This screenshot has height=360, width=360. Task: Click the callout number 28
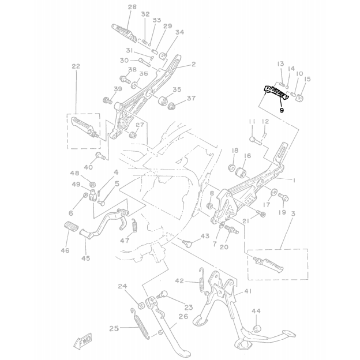(x=132, y=7)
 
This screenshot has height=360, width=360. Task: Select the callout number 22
(x=76, y=66)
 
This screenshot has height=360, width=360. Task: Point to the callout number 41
(x=247, y=292)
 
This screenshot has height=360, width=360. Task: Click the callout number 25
(x=114, y=328)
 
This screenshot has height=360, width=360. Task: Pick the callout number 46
(x=65, y=250)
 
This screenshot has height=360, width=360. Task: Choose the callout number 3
(x=293, y=214)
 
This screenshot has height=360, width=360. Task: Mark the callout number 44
(x=256, y=311)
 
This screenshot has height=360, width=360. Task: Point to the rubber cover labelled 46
(x=69, y=227)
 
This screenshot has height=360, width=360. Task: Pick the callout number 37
(x=191, y=99)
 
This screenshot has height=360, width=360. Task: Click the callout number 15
(x=307, y=80)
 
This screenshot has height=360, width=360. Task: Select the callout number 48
(x=74, y=174)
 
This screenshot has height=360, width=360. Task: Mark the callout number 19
(x=283, y=213)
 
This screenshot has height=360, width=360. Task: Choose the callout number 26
(x=183, y=316)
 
